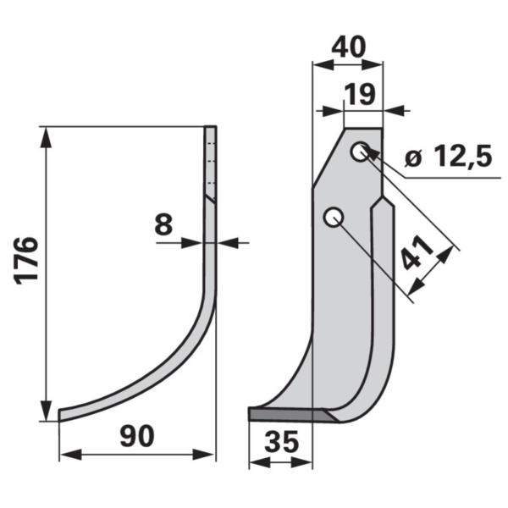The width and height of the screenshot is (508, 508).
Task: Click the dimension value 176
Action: coord(27,261)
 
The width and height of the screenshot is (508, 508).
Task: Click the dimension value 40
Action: coord(348,47)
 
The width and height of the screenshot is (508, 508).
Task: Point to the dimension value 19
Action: coord(360,94)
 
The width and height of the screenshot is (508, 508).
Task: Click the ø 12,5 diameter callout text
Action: coord(449,156)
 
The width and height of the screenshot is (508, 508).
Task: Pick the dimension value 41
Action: coord(417,251)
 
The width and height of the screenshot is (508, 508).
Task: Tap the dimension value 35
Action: coord(281,442)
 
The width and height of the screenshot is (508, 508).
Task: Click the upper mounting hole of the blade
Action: coord(360,152)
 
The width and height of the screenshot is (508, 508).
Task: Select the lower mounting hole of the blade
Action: coord(334,217)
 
